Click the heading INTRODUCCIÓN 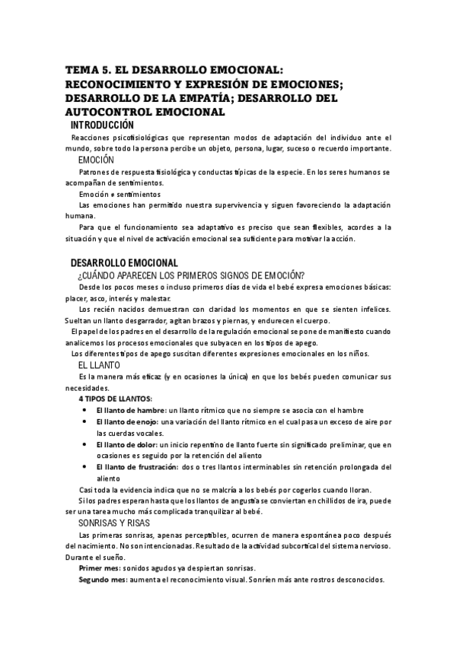point(102,126)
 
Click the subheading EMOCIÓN point(96,160)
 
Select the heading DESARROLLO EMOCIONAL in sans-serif point(123,263)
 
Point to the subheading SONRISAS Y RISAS point(115,523)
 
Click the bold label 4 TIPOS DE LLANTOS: point(115,399)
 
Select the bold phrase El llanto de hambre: point(131,411)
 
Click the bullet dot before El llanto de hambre point(84,411)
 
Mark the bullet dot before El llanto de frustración point(84,467)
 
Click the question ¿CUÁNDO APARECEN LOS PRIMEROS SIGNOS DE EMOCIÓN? point(192,275)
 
